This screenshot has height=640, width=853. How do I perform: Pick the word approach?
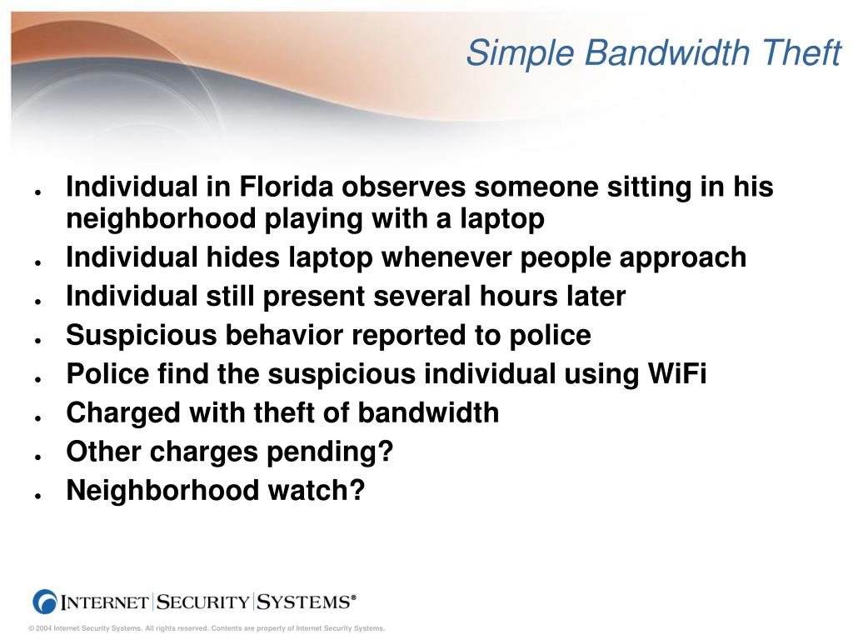[684, 257]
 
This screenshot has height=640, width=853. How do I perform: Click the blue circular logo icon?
[44, 601]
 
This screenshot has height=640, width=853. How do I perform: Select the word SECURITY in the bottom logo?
[203, 602]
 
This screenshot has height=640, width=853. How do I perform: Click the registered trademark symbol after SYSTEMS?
[353, 597]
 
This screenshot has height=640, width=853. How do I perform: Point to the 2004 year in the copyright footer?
[43, 628]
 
